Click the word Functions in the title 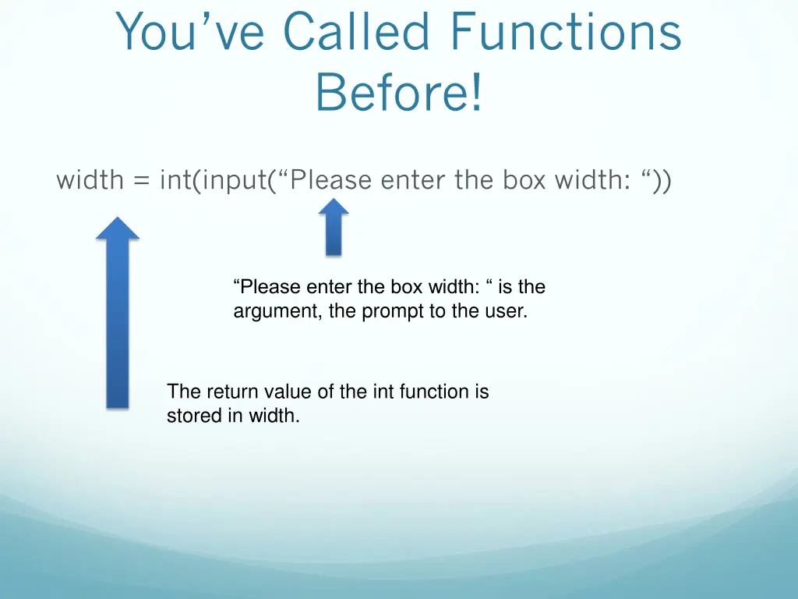click(x=566, y=33)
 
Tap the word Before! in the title click(x=399, y=91)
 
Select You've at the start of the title click(x=191, y=33)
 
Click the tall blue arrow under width click(x=117, y=312)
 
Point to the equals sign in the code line click(x=141, y=181)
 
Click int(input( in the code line click(x=214, y=181)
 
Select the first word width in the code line click(x=90, y=181)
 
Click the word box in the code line click(x=524, y=181)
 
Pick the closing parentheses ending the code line click(x=665, y=181)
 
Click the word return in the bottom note click(x=232, y=392)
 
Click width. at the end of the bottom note click(x=274, y=416)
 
